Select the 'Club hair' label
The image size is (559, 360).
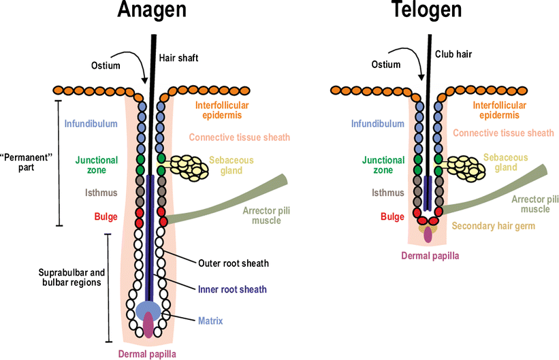pyautogui.click(x=453, y=53)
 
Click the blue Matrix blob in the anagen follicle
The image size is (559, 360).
pyautogui.click(x=148, y=310)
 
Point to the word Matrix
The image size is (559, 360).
pyautogui.click(x=211, y=319)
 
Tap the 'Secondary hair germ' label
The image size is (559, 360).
pyautogui.click(x=494, y=226)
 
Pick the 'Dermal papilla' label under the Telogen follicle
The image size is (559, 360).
pyautogui.click(x=430, y=256)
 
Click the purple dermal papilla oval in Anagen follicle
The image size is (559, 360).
pyautogui.click(x=148, y=324)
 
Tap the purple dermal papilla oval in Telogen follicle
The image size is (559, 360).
pyautogui.click(x=428, y=234)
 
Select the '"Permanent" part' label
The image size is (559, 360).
pyautogui.click(x=24, y=161)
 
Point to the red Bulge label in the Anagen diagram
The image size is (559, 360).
pyautogui.click(x=106, y=217)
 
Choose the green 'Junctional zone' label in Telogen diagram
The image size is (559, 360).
pyautogui.click(x=383, y=165)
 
